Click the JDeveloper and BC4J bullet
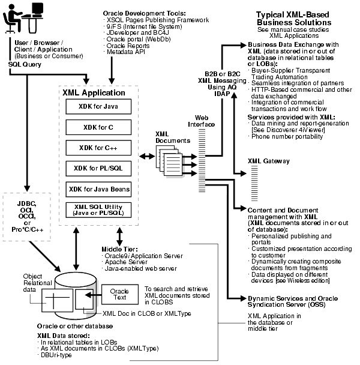(x=133, y=40)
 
